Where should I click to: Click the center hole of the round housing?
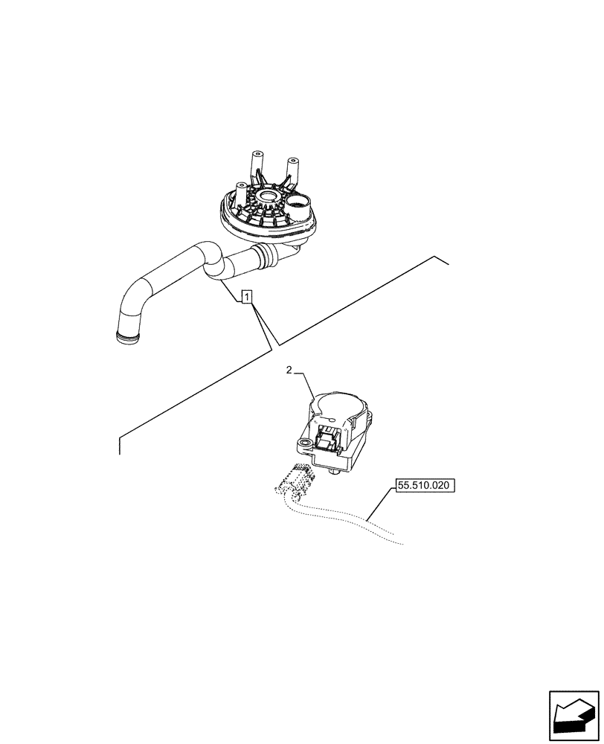(265, 201)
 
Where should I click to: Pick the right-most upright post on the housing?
(292, 170)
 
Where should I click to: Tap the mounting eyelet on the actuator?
(303, 447)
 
